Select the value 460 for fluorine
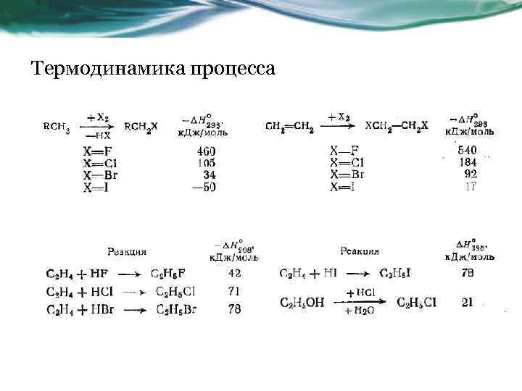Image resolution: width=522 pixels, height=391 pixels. [x=206, y=151]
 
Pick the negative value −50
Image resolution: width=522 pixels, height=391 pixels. [x=204, y=187]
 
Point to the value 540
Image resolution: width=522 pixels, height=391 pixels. [x=468, y=150]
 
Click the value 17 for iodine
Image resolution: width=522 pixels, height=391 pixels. [x=471, y=186]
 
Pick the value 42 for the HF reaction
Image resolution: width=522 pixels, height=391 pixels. [x=234, y=274]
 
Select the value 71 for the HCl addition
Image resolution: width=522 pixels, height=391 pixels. [x=234, y=291]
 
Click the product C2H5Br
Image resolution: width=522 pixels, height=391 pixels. [x=175, y=309]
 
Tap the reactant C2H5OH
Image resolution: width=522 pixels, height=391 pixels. [x=303, y=303]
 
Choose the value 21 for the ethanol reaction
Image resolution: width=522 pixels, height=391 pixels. [x=468, y=302]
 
